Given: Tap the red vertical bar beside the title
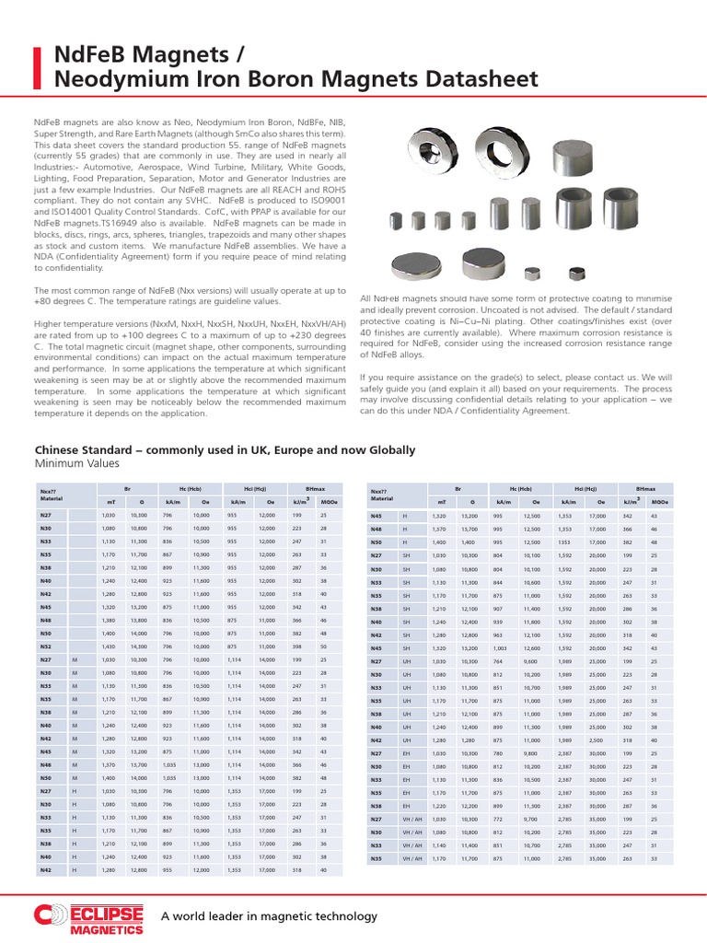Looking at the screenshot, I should (x=38, y=67).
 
